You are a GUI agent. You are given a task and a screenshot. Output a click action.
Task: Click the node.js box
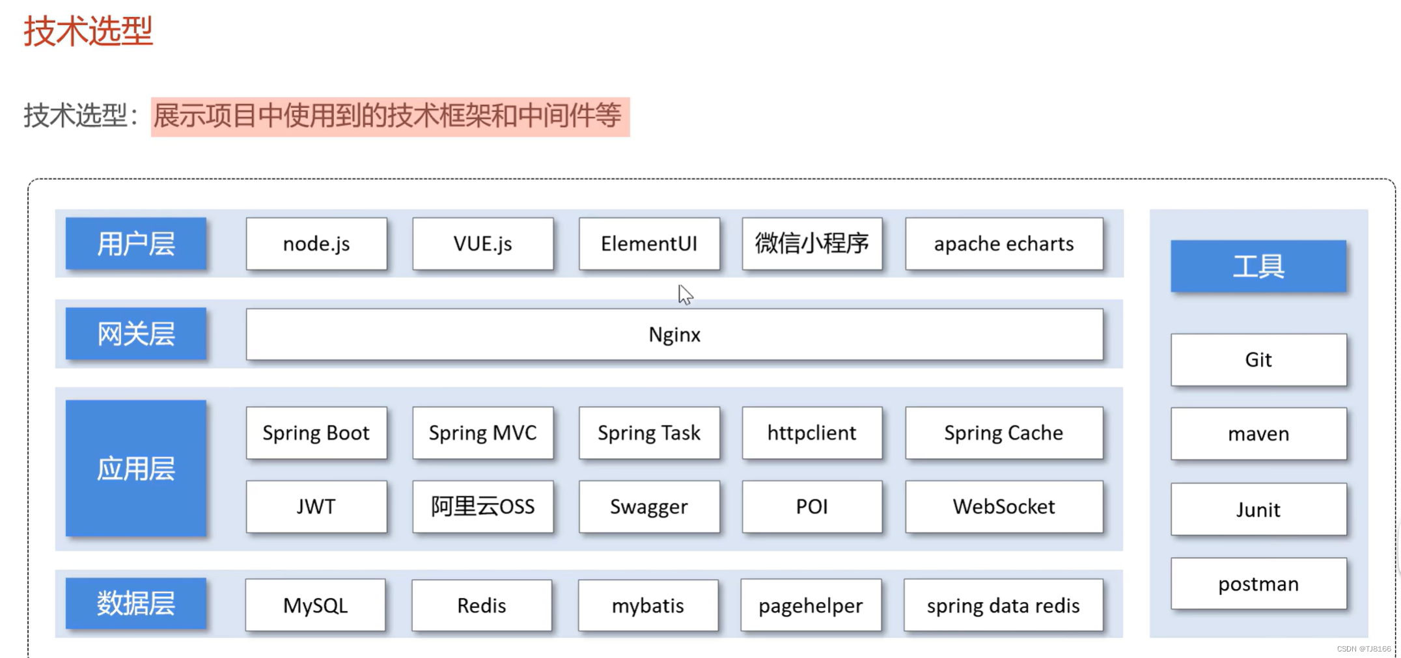pos(316,243)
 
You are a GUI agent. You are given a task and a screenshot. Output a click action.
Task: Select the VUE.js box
pos(483,243)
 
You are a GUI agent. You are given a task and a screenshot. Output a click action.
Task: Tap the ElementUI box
pos(649,243)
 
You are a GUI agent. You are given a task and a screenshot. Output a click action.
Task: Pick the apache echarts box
pos(1004,243)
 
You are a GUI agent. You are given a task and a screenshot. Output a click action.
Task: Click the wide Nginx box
pos(674,335)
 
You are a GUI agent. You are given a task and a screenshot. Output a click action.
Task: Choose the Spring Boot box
pos(316,433)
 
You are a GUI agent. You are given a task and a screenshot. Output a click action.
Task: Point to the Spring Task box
pos(649,433)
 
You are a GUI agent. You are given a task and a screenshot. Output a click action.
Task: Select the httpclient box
pos(812,433)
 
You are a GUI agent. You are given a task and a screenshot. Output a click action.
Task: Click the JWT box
pos(316,506)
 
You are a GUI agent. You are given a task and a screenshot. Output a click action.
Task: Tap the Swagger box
pos(649,506)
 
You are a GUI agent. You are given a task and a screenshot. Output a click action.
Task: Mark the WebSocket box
pos(1004,506)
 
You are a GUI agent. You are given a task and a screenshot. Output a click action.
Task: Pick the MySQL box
pos(316,605)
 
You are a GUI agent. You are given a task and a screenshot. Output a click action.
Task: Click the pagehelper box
pos(811,605)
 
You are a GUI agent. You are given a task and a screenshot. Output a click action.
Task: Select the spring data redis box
pos(1003,605)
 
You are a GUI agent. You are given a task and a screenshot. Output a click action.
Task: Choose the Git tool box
pos(1258,360)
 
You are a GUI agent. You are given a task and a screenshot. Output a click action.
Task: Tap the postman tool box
pos(1258,584)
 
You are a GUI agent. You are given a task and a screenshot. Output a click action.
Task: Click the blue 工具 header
pos(1258,266)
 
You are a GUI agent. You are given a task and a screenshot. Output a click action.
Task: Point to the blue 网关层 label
pos(136,334)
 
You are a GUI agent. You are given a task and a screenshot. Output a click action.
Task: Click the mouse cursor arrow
pos(685,294)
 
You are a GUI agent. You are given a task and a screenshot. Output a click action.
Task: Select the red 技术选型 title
pos(89,31)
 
